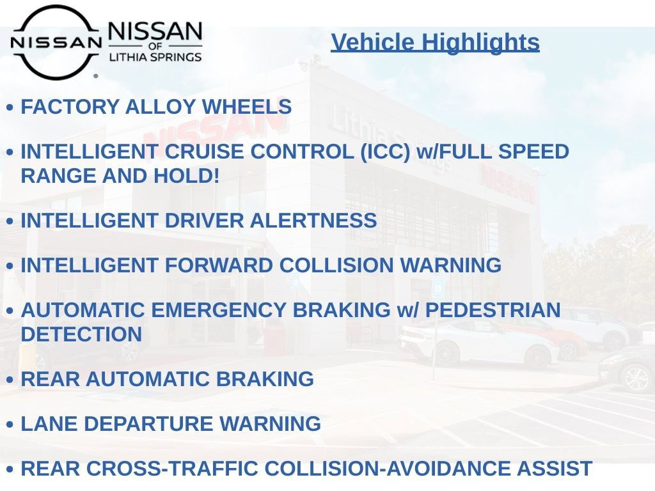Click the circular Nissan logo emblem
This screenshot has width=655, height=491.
[x=56, y=42]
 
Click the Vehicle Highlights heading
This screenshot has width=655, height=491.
[x=435, y=42]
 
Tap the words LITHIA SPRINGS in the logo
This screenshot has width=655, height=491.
[x=155, y=57]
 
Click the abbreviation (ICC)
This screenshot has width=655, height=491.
[x=381, y=152]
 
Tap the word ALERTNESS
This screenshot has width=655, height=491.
[x=313, y=220]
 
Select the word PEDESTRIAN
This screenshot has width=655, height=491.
[x=493, y=309]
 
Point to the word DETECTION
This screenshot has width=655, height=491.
[x=81, y=334]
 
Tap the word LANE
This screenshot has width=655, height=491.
[x=49, y=423]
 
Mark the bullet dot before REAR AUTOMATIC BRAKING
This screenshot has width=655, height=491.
[x=10, y=380]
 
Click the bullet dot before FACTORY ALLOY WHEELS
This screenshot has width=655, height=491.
[x=10, y=108]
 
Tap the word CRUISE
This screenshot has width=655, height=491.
[x=204, y=152]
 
